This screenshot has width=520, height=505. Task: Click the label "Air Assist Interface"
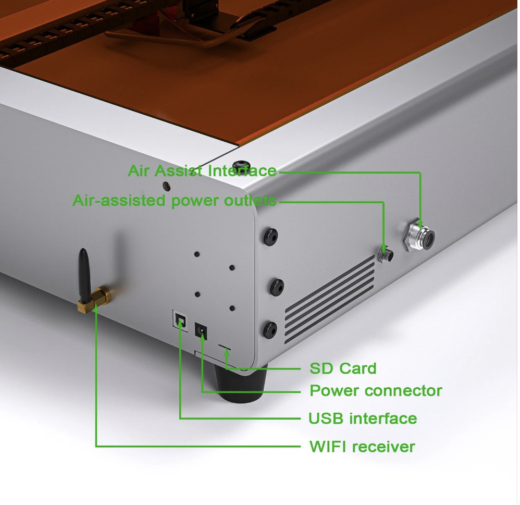pos(202,171)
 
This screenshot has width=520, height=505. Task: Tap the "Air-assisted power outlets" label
pos(174,201)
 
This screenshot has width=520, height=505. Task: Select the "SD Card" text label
pos(343,368)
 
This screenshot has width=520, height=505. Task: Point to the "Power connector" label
pos(376,390)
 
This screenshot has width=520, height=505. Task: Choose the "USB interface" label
pos(363,418)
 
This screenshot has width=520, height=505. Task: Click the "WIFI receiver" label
pos(362,447)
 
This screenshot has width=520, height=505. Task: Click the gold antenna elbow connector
pos(94,300)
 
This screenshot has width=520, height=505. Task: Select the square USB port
pos(180,319)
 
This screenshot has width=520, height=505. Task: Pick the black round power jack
pos(201,331)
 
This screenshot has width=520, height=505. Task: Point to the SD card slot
pos(224,348)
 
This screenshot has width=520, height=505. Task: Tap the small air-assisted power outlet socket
pos(386,254)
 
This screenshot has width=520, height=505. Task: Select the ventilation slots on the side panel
pos(330,300)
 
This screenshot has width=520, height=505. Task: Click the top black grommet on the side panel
pos(270,237)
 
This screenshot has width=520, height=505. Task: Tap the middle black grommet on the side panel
pos(276,287)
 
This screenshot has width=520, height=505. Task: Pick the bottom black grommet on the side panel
pos(270,329)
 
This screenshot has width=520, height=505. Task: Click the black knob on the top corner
pos(241,165)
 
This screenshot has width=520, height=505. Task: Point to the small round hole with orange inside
pos(167,186)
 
